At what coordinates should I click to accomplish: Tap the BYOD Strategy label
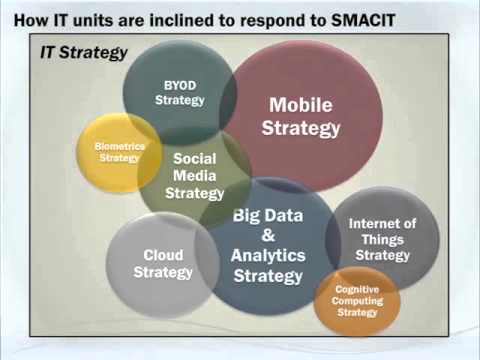182,92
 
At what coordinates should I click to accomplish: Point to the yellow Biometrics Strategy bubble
114,152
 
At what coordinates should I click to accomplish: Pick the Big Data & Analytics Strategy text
267,245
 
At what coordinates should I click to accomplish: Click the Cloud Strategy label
163,263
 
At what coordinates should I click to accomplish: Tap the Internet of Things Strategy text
382,239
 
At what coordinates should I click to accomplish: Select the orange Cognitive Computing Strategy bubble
357,300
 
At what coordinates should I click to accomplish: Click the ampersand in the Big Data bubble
267,236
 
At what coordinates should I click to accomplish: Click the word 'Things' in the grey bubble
382,239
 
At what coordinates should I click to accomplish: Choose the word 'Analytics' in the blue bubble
267,255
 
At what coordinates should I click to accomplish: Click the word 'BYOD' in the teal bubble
182,85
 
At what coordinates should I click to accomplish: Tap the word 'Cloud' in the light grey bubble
163,255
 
